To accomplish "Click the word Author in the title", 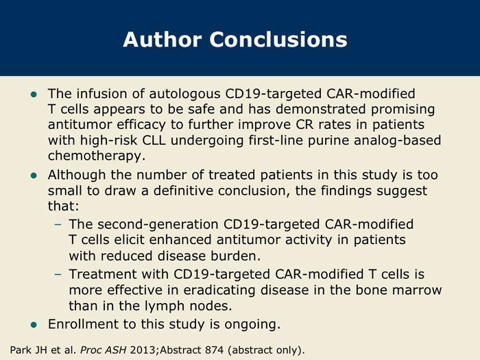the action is (x=163, y=40).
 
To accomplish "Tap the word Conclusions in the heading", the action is (x=278, y=40).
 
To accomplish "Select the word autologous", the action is (x=185, y=94).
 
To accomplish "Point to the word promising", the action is (x=403, y=110).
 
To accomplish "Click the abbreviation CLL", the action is (x=154, y=140).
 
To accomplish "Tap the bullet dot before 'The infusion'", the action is (x=34, y=95).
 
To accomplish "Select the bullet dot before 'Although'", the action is (x=34, y=176).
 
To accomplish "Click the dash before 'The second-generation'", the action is (x=58, y=225).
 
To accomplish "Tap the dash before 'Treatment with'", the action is (x=58, y=274).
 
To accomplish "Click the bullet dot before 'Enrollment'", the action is (x=34, y=325).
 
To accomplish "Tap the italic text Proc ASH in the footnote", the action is (x=103, y=350).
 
